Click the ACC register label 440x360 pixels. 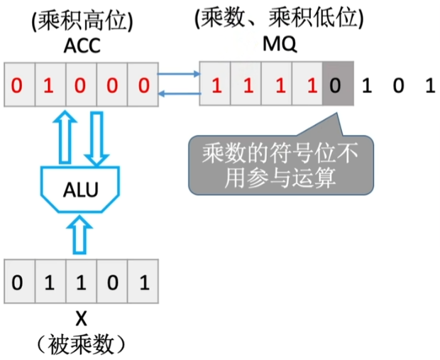[81, 45]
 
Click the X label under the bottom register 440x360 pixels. [81, 317]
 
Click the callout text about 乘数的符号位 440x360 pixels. [279, 164]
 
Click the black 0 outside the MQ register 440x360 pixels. [398, 87]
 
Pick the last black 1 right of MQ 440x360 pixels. [428, 87]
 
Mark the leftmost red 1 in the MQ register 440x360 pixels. [216, 87]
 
